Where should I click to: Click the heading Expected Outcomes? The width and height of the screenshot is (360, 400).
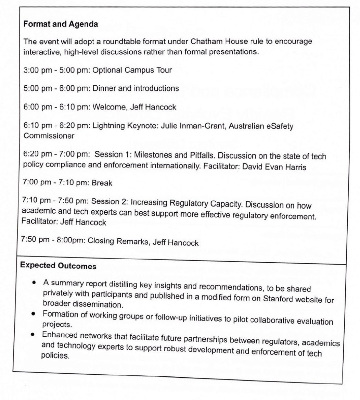tap(58, 266)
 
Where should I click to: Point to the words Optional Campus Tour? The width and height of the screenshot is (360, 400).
tap(132, 70)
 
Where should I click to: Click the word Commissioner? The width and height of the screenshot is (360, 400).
tap(48, 136)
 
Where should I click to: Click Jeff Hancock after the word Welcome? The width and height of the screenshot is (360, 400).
tap(153, 107)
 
